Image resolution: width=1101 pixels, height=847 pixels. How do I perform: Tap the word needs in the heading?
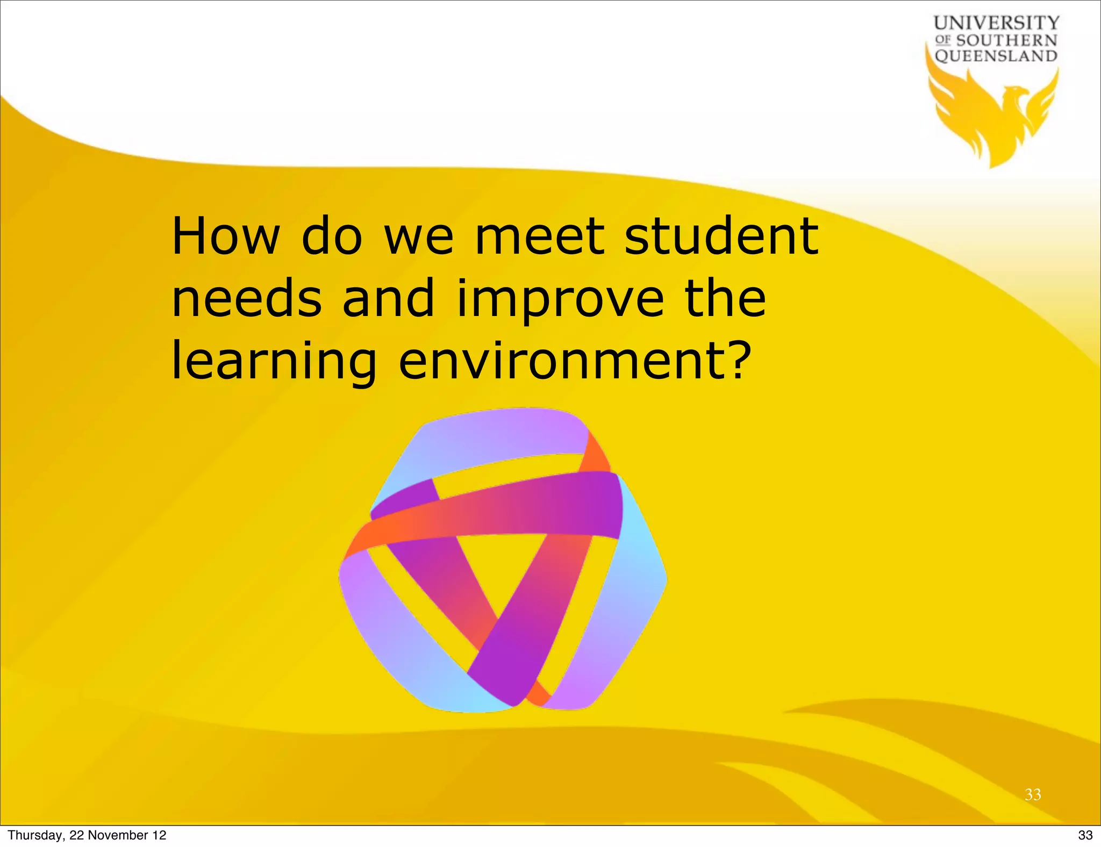(247, 299)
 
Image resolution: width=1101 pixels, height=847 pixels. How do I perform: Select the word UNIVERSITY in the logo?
(996, 23)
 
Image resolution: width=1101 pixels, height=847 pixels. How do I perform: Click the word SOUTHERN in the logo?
(1006, 40)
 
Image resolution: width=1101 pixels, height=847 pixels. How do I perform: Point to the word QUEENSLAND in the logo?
(996, 56)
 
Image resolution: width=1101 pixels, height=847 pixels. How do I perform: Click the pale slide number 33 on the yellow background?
(1033, 794)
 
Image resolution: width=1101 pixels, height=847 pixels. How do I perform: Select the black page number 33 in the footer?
(1085, 835)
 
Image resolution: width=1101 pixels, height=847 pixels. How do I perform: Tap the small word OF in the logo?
(943, 40)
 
